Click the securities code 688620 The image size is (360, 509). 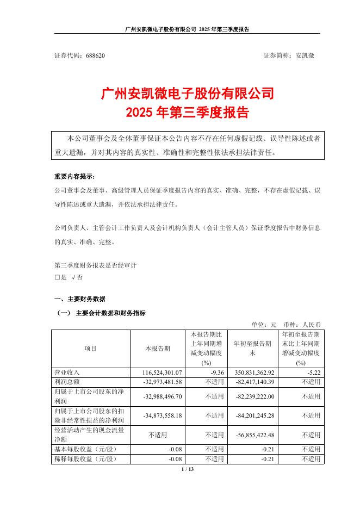[x=96, y=55]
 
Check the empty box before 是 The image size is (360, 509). [x=57, y=277]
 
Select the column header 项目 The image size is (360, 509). [x=91, y=348]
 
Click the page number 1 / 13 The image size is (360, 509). [x=187, y=469]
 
